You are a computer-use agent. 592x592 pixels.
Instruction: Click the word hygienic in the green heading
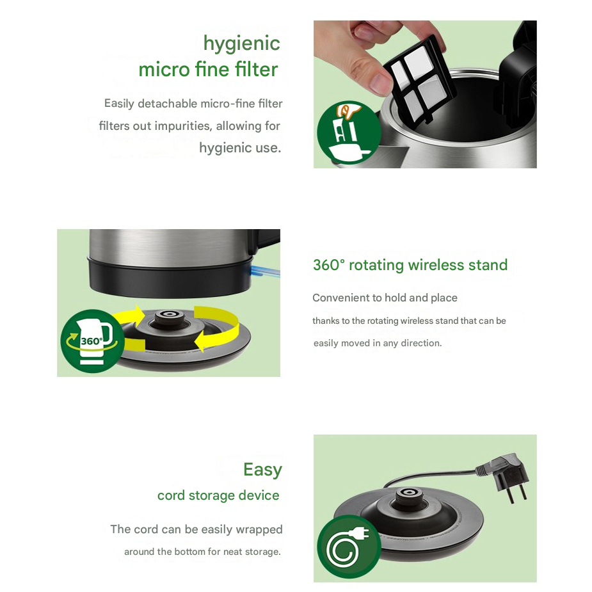pyautogui.click(x=242, y=44)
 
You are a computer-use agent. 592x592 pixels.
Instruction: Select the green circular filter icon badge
pyautogui.click(x=348, y=132)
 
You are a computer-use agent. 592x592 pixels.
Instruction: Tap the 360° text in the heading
pyautogui.click(x=328, y=265)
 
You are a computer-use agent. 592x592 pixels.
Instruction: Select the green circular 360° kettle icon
pyautogui.click(x=92, y=341)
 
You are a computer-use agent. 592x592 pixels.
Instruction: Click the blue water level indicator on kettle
pyautogui.click(x=265, y=271)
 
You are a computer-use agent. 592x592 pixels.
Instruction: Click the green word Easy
pyautogui.click(x=263, y=470)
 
